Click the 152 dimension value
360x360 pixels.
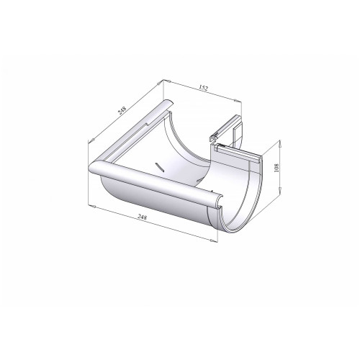click(x=203, y=88)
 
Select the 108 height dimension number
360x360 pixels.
click(x=276, y=168)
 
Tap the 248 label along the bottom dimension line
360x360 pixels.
click(x=142, y=217)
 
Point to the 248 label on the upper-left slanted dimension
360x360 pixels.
click(x=122, y=110)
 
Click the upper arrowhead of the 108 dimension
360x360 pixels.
click(x=280, y=143)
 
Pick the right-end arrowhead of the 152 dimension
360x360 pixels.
click(x=238, y=101)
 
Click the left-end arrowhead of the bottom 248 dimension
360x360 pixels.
click(x=91, y=206)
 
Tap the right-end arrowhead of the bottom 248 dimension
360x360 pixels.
click(x=213, y=240)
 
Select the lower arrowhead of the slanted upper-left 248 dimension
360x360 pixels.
click(x=90, y=141)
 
